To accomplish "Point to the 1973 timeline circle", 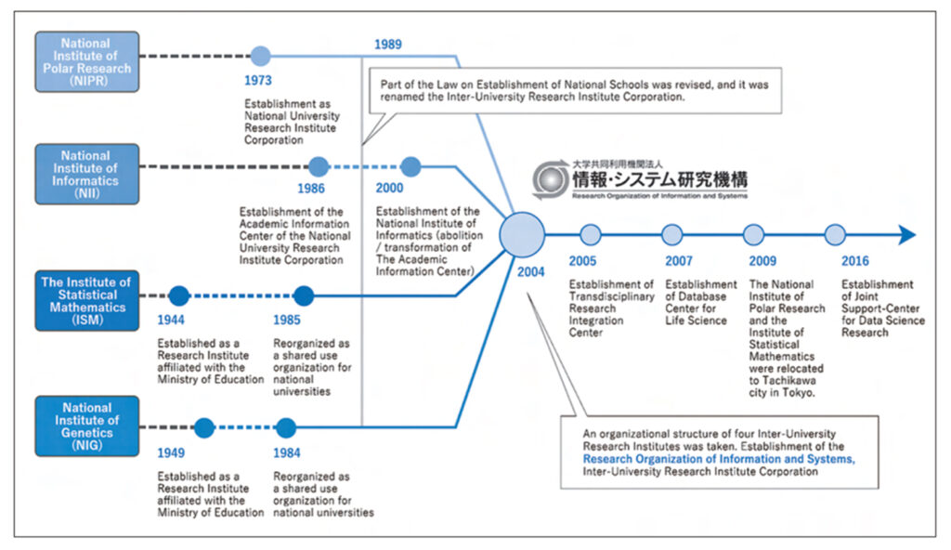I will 261,56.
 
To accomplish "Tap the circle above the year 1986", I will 318,167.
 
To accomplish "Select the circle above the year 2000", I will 410,167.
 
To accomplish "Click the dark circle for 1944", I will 179,296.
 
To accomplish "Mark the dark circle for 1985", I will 303,296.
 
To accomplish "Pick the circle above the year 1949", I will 204,428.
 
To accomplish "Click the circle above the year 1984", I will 286,428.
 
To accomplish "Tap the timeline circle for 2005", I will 591,234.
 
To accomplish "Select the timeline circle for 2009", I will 754,234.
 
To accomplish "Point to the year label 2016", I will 855,261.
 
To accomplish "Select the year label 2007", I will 679,261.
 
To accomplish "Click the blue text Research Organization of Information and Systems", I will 718,459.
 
